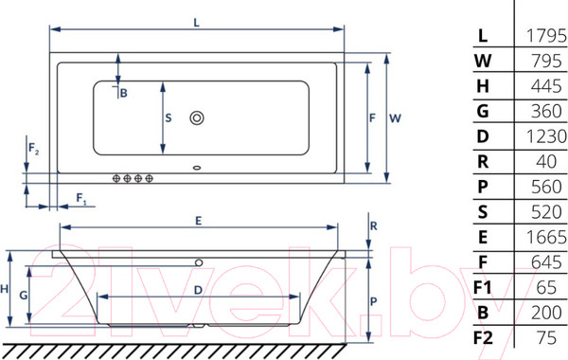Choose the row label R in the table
pos(482,161)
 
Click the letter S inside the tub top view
pos(169,117)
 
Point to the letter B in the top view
pos(123,92)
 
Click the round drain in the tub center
pos(197,118)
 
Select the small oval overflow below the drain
pos(197,171)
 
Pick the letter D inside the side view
pos(197,289)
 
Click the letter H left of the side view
pos(6,289)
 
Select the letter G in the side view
pos(23,295)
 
